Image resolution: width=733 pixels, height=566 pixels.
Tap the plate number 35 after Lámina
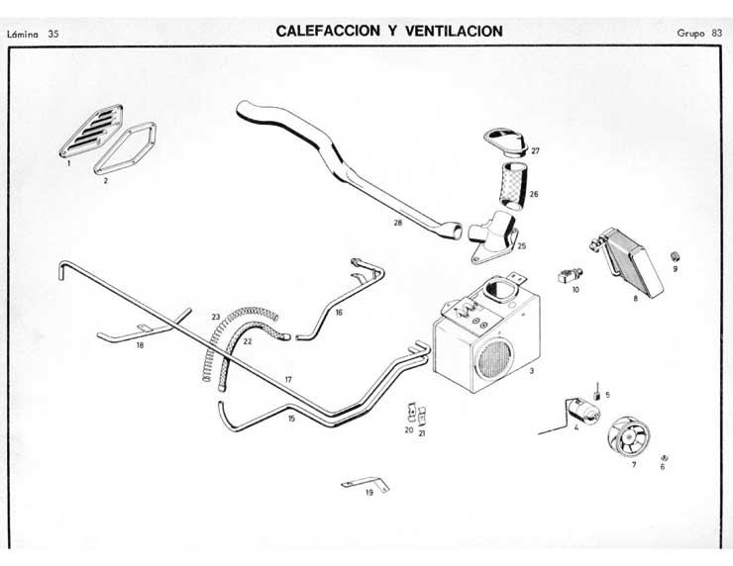pyautogui.click(x=53, y=35)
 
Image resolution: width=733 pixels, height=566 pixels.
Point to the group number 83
pyautogui.click(x=716, y=33)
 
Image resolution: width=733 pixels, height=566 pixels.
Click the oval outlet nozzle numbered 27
pyautogui.click(x=504, y=141)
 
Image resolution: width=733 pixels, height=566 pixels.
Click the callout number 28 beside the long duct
pyautogui.click(x=397, y=224)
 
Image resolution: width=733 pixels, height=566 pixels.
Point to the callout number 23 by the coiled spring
pyautogui.click(x=215, y=317)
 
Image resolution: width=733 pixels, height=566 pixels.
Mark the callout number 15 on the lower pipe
pyautogui.click(x=291, y=419)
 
